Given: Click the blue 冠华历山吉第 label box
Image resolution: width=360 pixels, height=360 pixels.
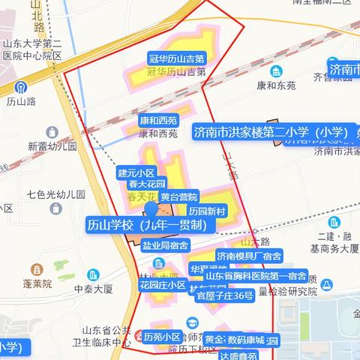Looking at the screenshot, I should coord(177,58).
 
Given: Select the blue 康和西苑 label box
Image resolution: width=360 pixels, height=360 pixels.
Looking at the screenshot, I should coord(158,120).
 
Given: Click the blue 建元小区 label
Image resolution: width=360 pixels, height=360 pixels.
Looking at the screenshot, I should coord(136,172).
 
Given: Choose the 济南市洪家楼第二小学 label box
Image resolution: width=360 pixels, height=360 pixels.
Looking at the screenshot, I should coord(274,133).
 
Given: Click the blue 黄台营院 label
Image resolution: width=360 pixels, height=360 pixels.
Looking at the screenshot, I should coord(178,196).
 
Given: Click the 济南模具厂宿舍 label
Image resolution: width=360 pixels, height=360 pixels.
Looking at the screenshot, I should coord(248,256).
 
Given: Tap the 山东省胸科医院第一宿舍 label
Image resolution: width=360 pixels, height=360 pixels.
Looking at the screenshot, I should coord(250,276).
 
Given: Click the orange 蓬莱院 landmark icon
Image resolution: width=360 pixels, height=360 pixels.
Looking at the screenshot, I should coord(37,269).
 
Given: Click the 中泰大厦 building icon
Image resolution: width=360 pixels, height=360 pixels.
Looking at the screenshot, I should coord(92,274).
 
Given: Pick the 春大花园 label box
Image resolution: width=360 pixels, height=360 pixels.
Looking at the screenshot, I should coord(146,183).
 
